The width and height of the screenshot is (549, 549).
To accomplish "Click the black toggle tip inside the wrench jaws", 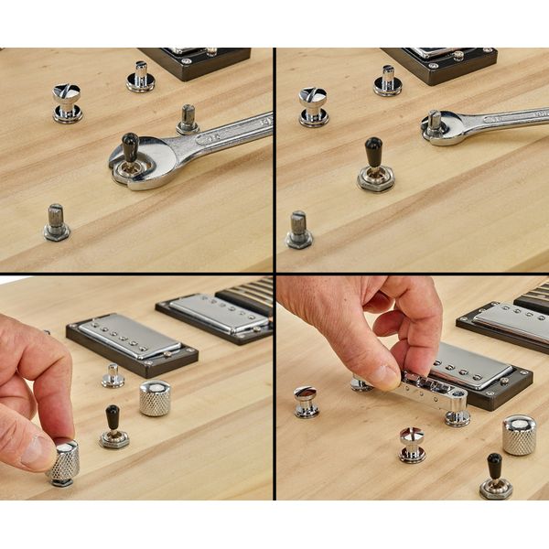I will [x=130, y=146].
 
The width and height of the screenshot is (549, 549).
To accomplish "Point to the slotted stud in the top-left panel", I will [x=67, y=102].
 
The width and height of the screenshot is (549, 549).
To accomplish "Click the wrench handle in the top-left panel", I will [x=224, y=133].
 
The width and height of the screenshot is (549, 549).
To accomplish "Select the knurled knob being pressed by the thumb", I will [x=63, y=462].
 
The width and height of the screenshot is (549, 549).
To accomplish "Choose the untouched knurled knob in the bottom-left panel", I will [x=155, y=398].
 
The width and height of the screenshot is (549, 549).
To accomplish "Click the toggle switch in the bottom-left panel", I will [x=113, y=428].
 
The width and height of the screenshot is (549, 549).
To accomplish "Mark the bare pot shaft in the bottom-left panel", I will [x=113, y=375].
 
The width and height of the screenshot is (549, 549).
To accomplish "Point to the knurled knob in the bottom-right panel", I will [x=519, y=435].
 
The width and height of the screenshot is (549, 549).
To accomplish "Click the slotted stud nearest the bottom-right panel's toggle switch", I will [x=412, y=443].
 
